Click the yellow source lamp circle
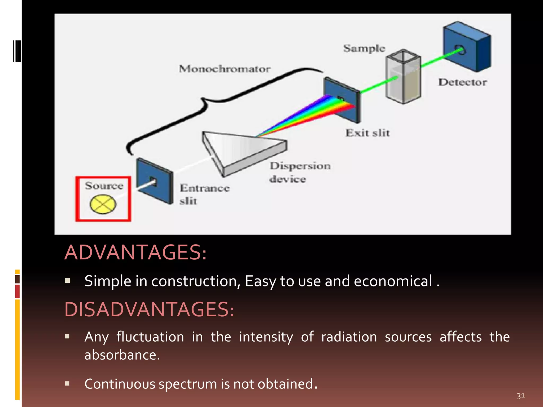(103, 204)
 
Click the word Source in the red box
(104, 185)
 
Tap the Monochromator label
(225, 69)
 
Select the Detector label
(462, 82)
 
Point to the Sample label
(364, 48)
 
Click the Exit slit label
(367, 133)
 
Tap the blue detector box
(467, 48)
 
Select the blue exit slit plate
(342, 101)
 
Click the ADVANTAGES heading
(135, 252)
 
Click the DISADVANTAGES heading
(149, 309)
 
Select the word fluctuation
(150, 337)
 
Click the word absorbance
(122, 355)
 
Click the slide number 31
(520, 396)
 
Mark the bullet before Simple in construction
(67, 281)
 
